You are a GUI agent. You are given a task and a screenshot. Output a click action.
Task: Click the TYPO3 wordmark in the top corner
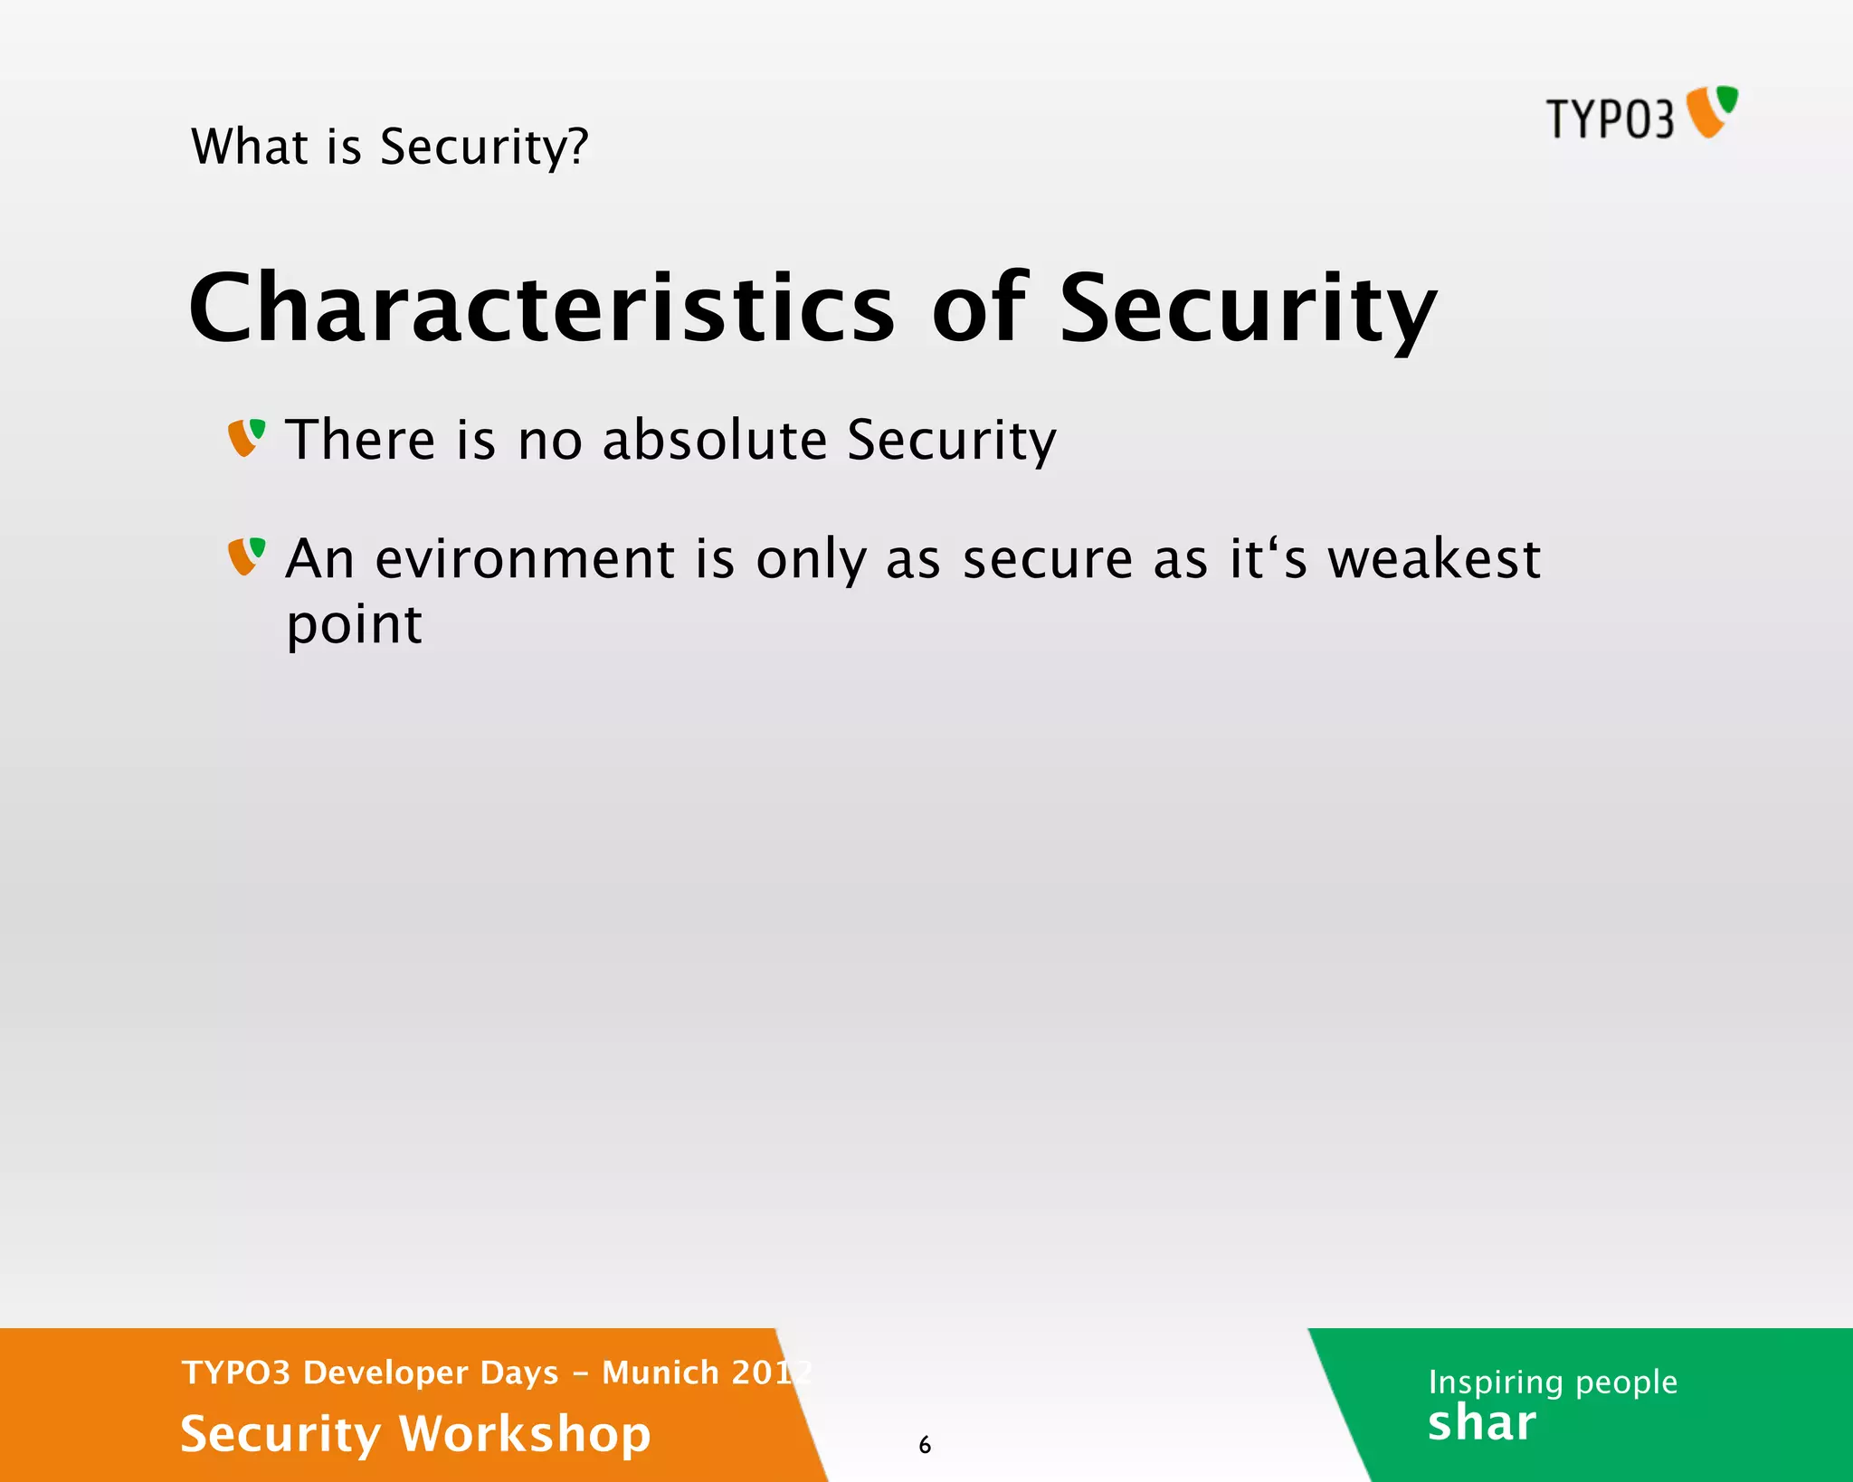coord(1610,119)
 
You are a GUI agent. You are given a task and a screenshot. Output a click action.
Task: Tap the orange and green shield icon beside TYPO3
coord(1713,111)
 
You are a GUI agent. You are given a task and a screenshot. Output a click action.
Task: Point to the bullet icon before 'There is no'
coord(246,438)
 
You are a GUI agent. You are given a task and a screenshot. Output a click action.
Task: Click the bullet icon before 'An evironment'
coord(246,556)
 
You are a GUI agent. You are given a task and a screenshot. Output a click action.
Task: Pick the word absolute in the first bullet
coord(715,440)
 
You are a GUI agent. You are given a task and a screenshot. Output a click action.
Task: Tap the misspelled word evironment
coord(525,559)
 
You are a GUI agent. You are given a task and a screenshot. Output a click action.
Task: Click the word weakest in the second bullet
coord(1433,559)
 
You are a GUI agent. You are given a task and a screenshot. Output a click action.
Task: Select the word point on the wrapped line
coord(354,625)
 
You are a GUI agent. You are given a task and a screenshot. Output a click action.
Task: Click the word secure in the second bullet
coord(1047,559)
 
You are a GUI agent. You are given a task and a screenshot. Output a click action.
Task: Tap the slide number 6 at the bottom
coord(925,1445)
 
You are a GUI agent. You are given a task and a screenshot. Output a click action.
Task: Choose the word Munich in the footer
coord(660,1373)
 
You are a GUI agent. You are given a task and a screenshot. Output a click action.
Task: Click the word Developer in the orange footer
coord(431,1373)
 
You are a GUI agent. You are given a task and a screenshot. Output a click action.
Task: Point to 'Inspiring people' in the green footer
coord(1553,1382)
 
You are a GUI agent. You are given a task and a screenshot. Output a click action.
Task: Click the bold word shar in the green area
coord(1481,1423)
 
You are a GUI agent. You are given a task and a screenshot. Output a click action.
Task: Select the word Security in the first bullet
coord(951,440)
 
